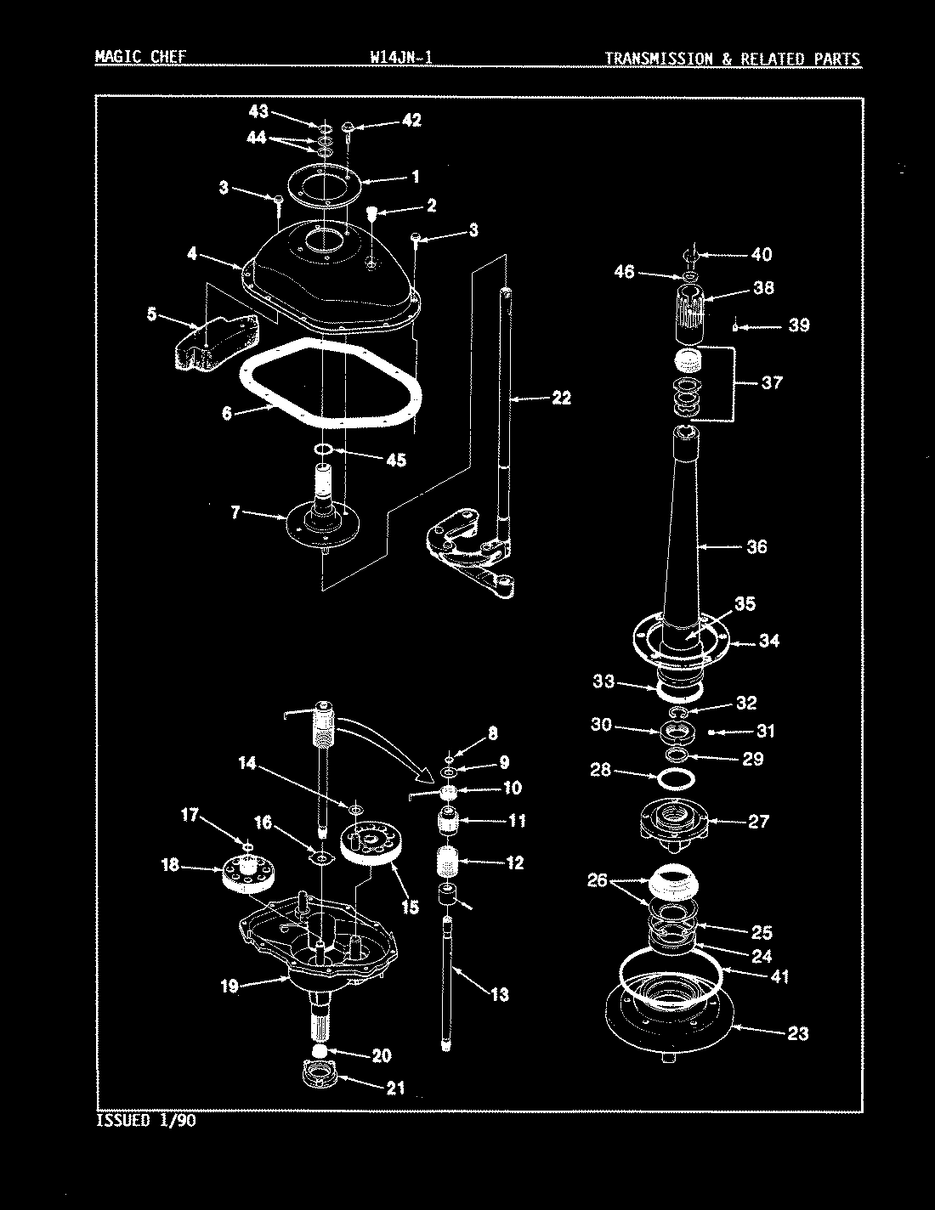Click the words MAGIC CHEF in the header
(139, 58)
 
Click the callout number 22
(560, 398)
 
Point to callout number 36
(756, 546)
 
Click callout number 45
(395, 461)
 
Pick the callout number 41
(778, 977)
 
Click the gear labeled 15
(368, 845)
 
